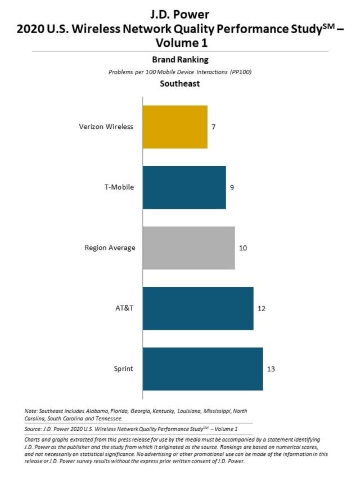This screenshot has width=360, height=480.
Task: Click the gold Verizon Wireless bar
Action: [175, 127]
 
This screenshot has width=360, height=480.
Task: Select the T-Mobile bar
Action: [184, 187]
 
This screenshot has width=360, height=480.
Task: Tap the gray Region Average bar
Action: [189, 248]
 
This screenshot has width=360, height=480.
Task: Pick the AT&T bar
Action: [198, 308]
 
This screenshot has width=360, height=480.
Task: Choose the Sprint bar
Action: [202, 369]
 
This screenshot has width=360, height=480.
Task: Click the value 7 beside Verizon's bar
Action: [213, 127]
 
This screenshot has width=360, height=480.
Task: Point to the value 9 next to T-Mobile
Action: [232, 187]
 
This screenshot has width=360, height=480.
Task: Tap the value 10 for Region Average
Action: [243, 248]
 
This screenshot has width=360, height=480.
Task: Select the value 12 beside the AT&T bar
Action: [262, 308]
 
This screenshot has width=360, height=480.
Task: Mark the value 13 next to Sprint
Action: [271, 369]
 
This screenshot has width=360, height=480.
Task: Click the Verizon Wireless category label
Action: [106, 127]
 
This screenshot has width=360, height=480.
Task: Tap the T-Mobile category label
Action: [119, 187]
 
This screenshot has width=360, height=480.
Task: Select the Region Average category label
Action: [110, 248]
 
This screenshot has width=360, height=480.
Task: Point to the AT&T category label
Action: [124, 308]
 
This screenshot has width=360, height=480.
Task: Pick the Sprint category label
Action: [123, 369]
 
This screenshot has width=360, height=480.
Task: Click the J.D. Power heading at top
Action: [179, 15]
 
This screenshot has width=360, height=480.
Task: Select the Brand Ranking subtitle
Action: [181, 60]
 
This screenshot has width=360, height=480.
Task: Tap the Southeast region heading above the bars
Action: [179, 84]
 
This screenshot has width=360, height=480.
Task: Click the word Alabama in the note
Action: [97, 411]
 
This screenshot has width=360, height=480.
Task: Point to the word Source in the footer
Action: [33, 429]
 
